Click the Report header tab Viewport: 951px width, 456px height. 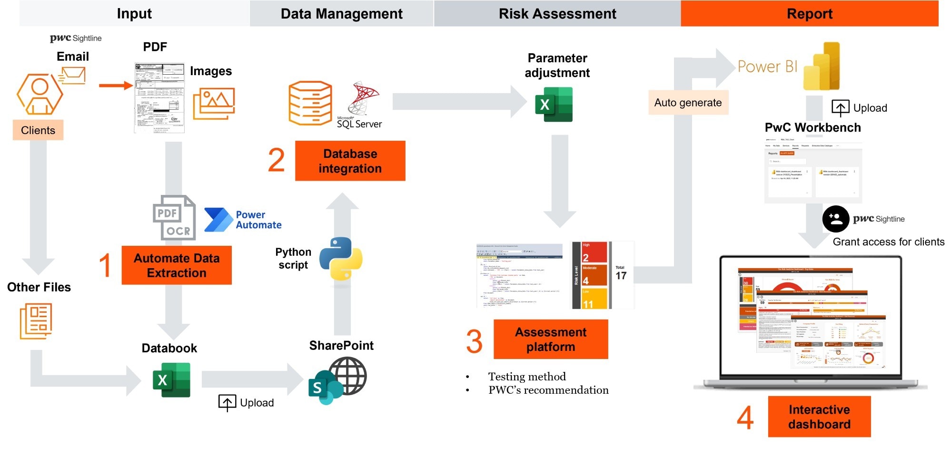click(x=809, y=14)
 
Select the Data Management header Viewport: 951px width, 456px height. click(x=341, y=14)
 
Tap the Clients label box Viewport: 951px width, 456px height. click(x=38, y=130)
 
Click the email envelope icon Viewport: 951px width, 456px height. click(x=73, y=75)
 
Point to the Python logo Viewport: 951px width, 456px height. click(x=340, y=259)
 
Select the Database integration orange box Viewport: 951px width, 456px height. click(x=350, y=161)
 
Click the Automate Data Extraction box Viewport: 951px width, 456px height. click(x=177, y=265)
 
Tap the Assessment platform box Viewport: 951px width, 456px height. click(x=551, y=339)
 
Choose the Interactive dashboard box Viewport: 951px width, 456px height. click(x=819, y=417)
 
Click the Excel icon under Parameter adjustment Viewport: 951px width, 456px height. click(x=554, y=105)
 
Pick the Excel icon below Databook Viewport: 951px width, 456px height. click(x=171, y=380)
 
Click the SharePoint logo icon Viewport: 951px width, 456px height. click(x=337, y=381)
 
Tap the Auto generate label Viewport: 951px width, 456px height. click(x=688, y=103)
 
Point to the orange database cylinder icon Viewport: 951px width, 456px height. click(x=310, y=103)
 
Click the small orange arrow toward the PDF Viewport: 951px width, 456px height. click(x=116, y=86)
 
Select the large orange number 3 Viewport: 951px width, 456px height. click(x=474, y=341)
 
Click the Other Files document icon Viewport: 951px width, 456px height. click(x=36, y=321)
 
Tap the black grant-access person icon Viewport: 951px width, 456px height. click(x=835, y=219)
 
